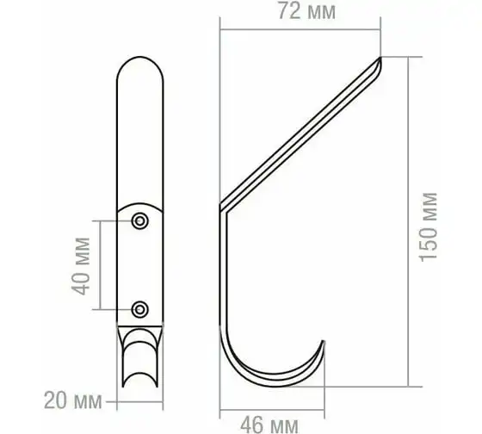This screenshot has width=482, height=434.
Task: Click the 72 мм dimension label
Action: (x=306, y=11)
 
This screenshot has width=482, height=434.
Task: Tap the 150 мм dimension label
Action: (x=429, y=227)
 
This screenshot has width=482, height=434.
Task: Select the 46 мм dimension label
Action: (x=269, y=425)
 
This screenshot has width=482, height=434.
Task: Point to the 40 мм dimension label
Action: (x=81, y=266)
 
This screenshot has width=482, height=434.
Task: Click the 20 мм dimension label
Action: (x=73, y=400)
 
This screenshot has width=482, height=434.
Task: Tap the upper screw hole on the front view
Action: (x=139, y=220)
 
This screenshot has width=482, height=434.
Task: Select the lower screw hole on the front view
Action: (x=139, y=309)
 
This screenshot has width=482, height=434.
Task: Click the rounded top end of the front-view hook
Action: (x=140, y=58)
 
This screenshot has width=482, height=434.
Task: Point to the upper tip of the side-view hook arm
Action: (x=380, y=58)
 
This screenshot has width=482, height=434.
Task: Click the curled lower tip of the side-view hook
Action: (x=323, y=341)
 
